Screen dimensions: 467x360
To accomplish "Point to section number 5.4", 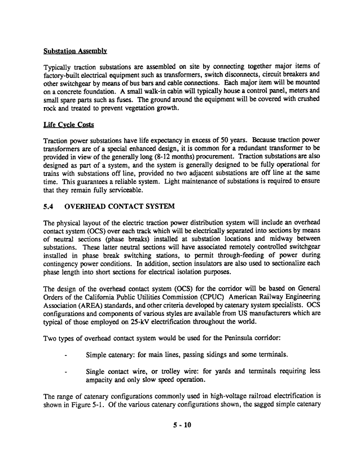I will coord(49,206).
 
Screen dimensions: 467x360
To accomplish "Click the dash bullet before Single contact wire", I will coord(67,371).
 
